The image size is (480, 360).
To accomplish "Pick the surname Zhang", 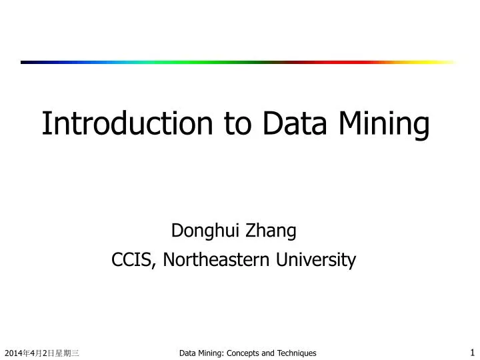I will [272, 232].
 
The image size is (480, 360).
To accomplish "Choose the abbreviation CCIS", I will [133, 260].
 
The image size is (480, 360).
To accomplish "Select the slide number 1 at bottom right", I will [472, 351].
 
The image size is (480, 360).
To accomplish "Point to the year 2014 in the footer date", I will [12, 353].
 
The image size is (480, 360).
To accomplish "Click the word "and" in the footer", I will [269, 353].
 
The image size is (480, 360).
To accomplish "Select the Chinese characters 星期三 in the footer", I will [68, 353].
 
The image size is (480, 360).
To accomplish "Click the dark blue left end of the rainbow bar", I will [27, 62].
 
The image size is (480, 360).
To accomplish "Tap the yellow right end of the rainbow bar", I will [447, 62].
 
